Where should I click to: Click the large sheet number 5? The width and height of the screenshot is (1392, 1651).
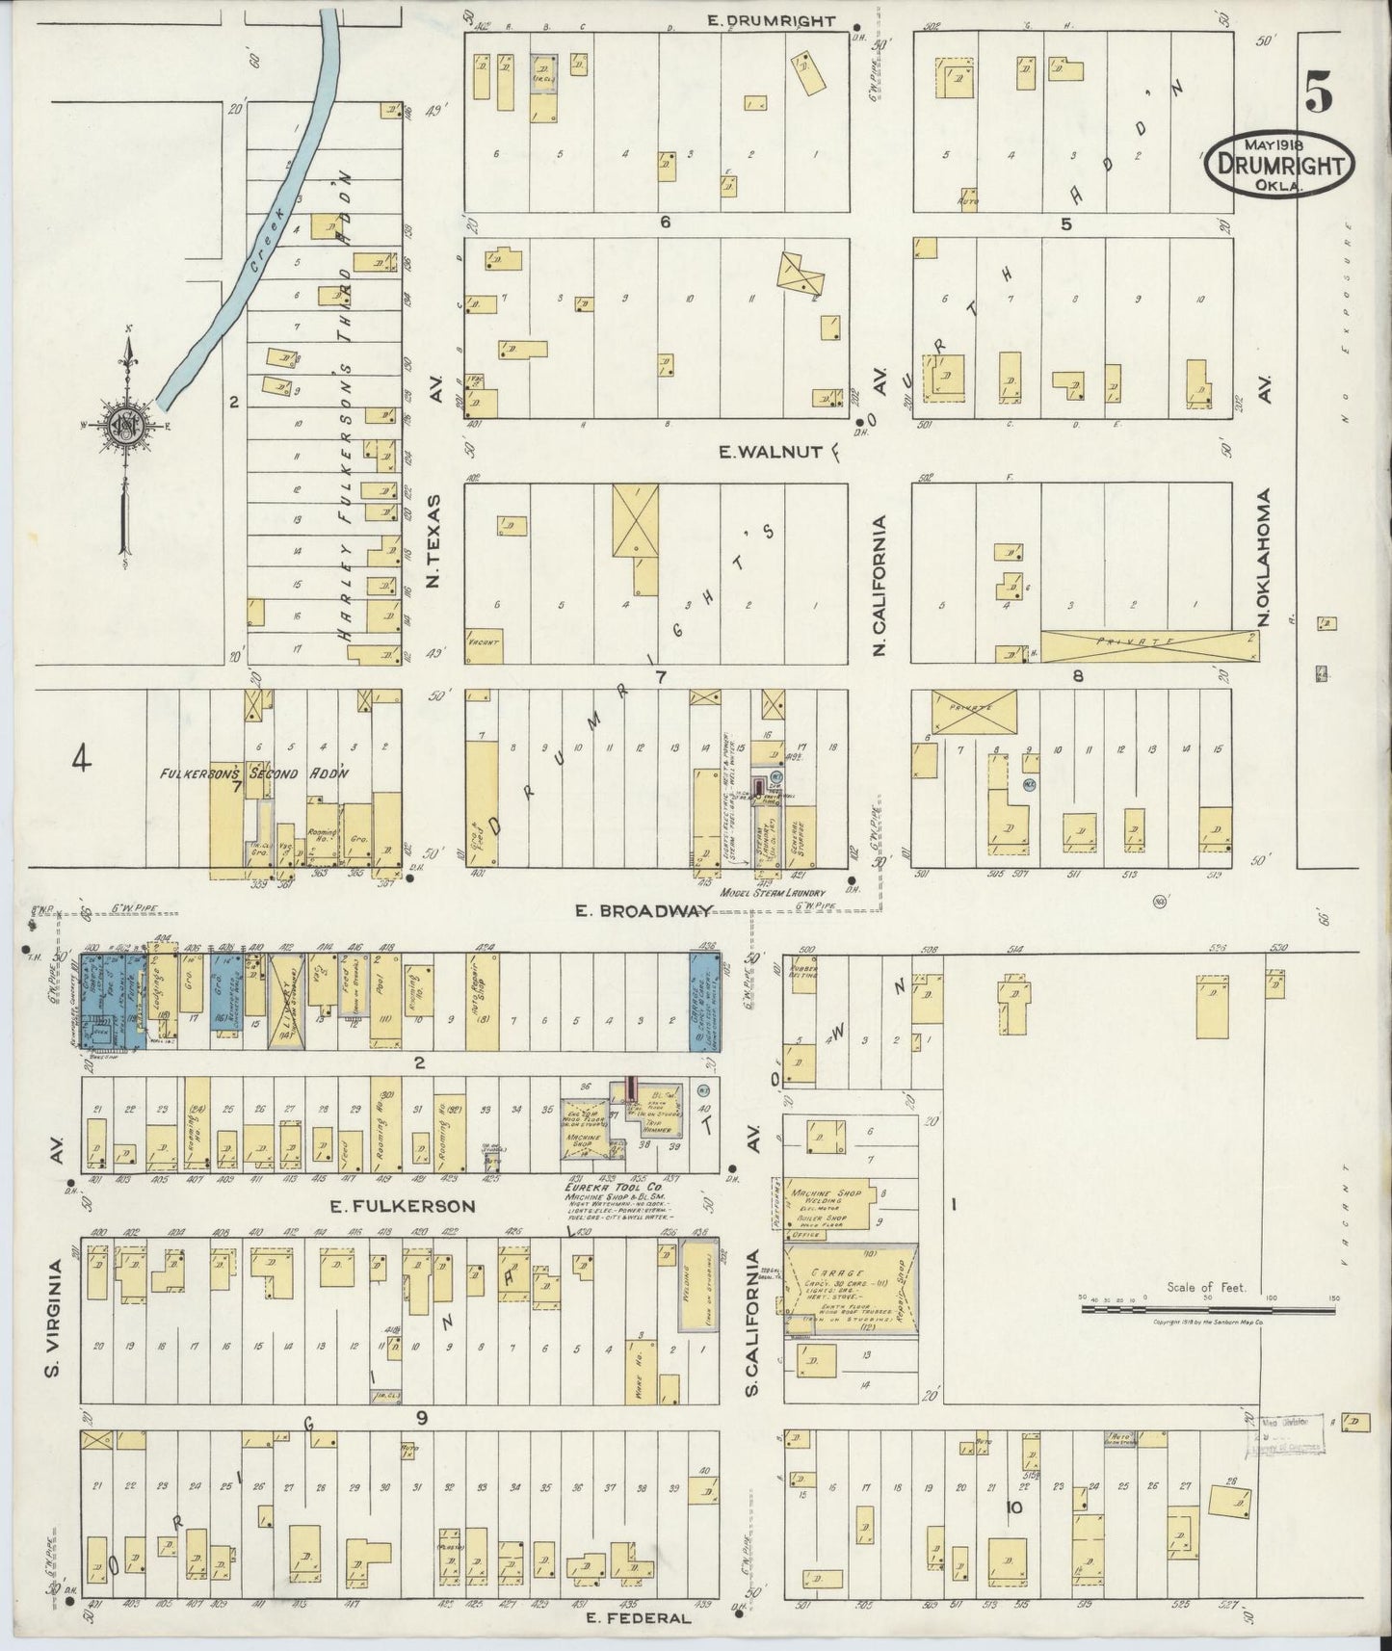click(x=1320, y=93)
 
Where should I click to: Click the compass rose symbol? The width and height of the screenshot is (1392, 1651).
click(x=126, y=424)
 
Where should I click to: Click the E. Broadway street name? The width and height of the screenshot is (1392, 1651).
click(x=655, y=910)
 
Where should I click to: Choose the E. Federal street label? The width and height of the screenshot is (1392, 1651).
click(x=639, y=1618)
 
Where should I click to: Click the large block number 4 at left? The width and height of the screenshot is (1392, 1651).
click(x=82, y=761)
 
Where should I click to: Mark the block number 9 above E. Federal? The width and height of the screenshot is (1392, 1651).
click(x=421, y=1417)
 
